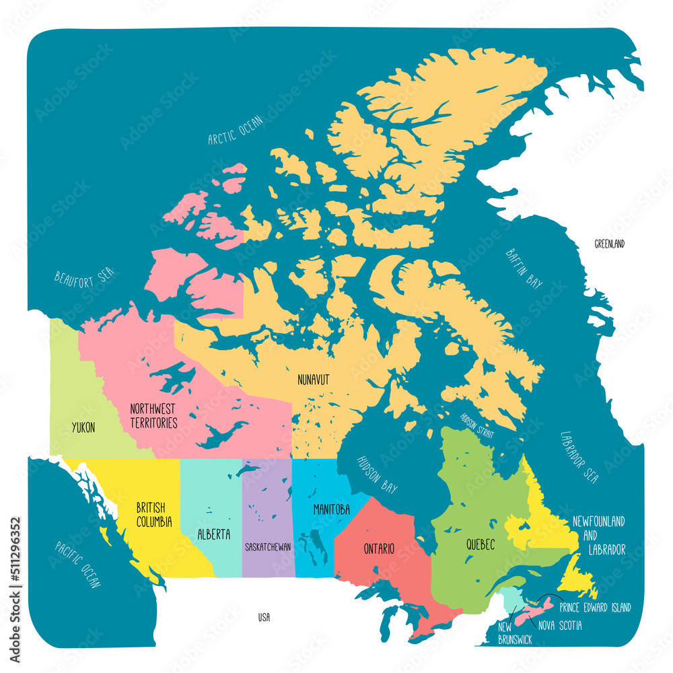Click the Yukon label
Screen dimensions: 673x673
click(x=83, y=427)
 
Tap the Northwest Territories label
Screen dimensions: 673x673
click(x=153, y=416)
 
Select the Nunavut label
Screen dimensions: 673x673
click(x=314, y=380)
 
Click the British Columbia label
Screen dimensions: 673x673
click(x=153, y=514)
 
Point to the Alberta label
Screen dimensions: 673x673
click(x=214, y=535)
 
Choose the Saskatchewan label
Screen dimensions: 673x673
click(x=268, y=547)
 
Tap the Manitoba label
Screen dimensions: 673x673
click(x=331, y=510)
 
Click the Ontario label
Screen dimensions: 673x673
click(x=379, y=548)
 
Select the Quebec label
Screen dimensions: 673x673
click(x=480, y=545)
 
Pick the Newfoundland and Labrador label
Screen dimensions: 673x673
click(x=598, y=536)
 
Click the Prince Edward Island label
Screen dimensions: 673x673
click(x=595, y=608)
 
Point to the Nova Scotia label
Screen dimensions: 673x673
click(x=560, y=626)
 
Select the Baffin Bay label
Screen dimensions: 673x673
click(x=524, y=268)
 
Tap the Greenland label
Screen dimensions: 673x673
click(x=609, y=244)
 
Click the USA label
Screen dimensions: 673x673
click(x=264, y=617)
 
